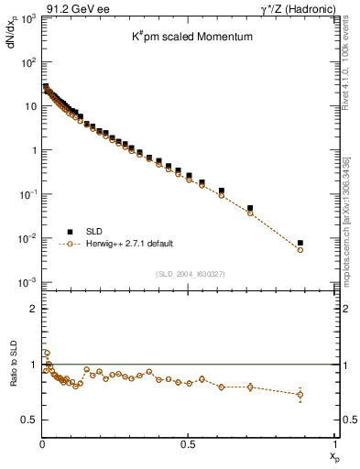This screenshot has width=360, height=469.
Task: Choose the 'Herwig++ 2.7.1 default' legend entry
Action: [x=129, y=245]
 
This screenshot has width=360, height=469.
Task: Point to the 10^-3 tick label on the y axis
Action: [x=27, y=282]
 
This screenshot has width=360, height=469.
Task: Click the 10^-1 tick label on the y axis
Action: [x=27, y=194]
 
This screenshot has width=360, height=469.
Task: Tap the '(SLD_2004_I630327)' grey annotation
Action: [x=187, y=274]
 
